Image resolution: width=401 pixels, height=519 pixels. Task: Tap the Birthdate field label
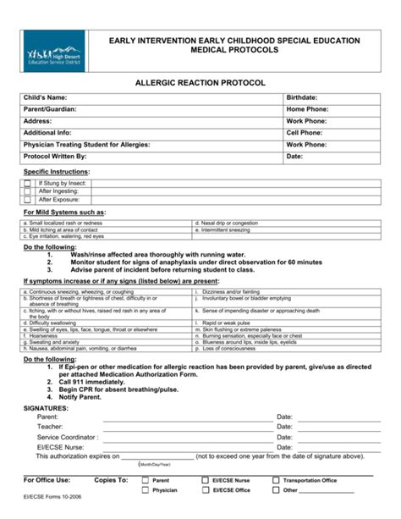[302, 98]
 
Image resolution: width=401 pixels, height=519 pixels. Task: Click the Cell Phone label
[305, 133]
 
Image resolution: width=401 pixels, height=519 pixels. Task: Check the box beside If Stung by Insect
[28, 183]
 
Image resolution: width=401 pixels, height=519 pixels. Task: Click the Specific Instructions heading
[56, 172]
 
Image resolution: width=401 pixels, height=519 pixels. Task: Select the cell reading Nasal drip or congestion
[229, 223]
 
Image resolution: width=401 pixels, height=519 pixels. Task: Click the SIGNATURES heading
[46, 408]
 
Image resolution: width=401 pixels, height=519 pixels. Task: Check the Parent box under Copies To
[146, 480]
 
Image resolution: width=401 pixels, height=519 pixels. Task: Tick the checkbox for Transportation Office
[276, 480]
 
